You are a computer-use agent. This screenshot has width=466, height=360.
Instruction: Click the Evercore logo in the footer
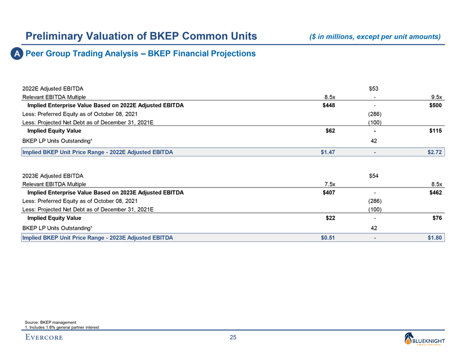(x=44, y=338)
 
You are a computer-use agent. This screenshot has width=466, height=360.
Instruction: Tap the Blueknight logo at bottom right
(x=429, y=339)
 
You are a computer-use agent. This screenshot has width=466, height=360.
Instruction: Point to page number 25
(x=233, y=338)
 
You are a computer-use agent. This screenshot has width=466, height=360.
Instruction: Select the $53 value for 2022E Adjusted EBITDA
(x=374, y=88)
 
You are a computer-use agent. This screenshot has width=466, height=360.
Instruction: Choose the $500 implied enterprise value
(x=435, y=105)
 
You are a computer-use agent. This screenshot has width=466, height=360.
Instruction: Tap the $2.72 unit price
(x=434, y=151)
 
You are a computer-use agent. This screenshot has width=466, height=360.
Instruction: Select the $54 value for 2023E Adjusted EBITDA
(x=374, y=176)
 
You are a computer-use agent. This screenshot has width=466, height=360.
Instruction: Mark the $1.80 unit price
(x=434, y=238)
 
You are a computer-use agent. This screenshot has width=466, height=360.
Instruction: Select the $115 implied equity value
(x=435, y=130)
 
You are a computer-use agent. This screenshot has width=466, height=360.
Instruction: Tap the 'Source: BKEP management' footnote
(x=50, y=322)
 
